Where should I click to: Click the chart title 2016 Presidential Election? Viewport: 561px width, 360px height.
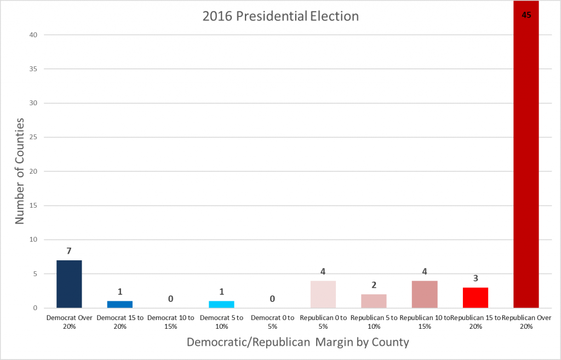(x=280, y=16)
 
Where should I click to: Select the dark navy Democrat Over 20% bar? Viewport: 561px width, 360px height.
(x=69, y=284)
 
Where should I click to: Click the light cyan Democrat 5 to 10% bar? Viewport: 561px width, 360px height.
(x=221, y=304)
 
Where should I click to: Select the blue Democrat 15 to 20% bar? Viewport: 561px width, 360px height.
(x=120, y=304)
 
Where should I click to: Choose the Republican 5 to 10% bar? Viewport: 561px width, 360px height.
(x=374, y=301)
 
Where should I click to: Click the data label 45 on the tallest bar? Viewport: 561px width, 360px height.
(x=526, y=15)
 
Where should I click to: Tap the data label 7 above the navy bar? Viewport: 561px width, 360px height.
(x=69, y=251)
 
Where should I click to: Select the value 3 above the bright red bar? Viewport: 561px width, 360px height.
(x=475, y=278)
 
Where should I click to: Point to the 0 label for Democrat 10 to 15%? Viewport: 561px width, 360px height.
(x=170, y=299)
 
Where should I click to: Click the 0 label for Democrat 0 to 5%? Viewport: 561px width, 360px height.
(x=272, y=299)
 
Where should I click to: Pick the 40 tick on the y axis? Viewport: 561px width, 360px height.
(x=33, y=35)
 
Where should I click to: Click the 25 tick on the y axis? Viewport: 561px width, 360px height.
(x=33, y=138)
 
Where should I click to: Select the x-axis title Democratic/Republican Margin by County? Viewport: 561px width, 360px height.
(x=297, y=342)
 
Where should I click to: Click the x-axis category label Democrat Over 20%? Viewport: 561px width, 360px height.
(x=69, y=321)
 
